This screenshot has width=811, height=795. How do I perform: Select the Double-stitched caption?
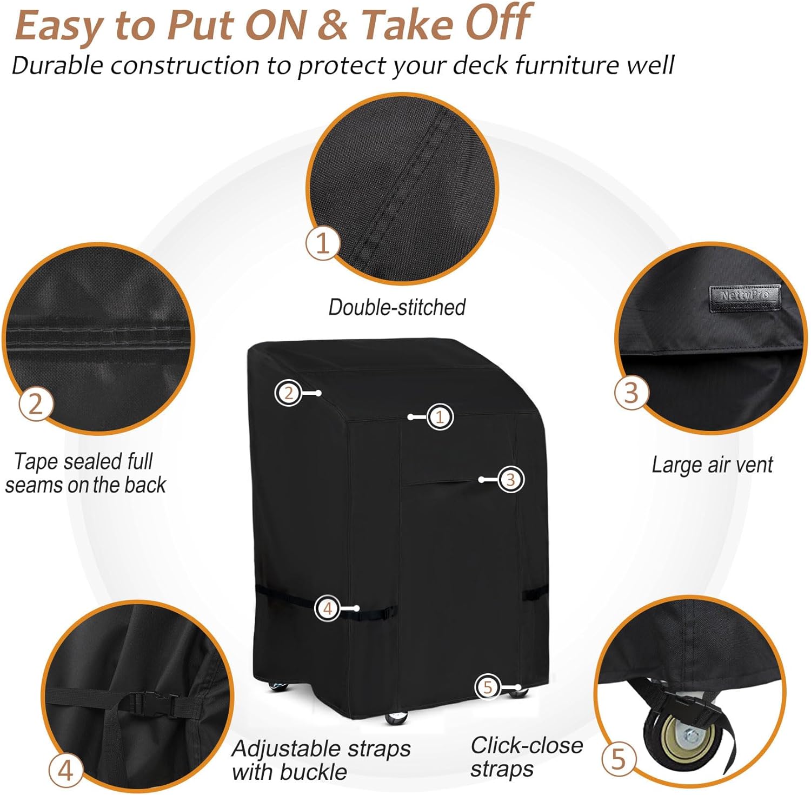(x=397, y=307)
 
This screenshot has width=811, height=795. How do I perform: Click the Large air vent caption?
(x=712, y=465)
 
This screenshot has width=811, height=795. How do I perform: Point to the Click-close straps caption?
(x=526, y=757)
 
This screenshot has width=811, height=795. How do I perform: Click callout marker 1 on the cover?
(x=440, y=417)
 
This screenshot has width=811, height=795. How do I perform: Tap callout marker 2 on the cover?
(x=288, y=393)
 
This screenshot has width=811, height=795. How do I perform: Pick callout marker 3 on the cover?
(x=510, y=479)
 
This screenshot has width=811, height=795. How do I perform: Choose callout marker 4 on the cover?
(x=327, y=608)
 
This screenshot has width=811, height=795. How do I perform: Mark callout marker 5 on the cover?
(x=488, y=687)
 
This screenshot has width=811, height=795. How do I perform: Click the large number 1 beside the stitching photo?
(x=323, y=243)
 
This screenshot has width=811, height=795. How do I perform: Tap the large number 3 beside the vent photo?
(x=631, y=392)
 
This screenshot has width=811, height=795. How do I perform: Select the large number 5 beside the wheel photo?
(x=619, y=759)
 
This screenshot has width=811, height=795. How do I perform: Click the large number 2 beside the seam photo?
(x=36, y=404)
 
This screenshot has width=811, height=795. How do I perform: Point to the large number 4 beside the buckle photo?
(x=65, y=770)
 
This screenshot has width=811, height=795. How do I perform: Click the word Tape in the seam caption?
(x=34, y=461)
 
